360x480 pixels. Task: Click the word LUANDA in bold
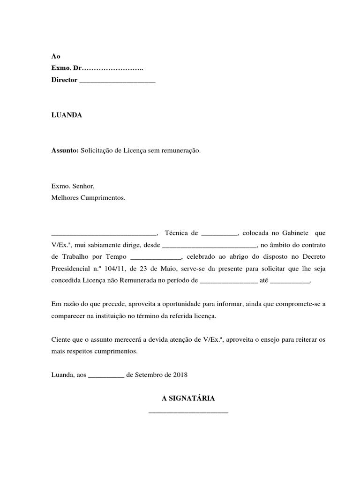67,115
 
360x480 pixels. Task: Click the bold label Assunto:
65,151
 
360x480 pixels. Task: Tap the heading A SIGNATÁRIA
188,398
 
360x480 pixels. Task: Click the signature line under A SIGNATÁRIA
188,412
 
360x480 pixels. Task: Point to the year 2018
180,375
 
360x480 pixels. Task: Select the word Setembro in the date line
148,375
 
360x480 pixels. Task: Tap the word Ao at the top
56,56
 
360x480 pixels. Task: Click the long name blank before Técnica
104,233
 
